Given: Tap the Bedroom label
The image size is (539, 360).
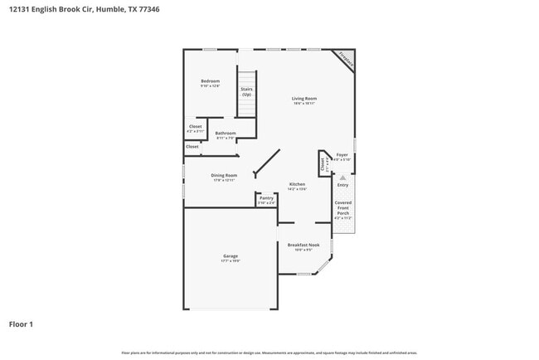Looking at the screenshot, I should tap(210, 81).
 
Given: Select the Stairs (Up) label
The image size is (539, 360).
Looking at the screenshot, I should tap(246, 91).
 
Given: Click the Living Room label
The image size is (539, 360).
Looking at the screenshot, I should tap(304, 99).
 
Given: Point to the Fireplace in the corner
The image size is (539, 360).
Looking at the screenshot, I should tap(346, 60).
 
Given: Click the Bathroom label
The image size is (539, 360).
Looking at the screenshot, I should tap(226, 134).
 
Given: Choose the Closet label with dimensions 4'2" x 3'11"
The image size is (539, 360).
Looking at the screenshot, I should tap(195, 127).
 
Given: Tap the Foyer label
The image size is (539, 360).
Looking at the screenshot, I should tap(342, 155).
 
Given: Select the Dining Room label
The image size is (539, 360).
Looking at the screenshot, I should tap(224, 175).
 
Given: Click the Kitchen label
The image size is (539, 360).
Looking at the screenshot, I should tap(297, 184).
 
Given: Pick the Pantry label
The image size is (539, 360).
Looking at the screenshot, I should tap(266, 198).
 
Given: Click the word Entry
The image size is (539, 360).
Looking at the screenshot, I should tap(342, 185).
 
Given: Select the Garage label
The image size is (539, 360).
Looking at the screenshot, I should tap(231, 256).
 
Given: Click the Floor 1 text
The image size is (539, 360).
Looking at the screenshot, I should tap(22, 324).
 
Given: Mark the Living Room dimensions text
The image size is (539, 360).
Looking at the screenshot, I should tap(304, 104).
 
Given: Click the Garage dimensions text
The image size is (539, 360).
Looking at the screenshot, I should tap(231, 261).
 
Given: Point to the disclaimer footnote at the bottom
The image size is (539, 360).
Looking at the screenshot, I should tap(269, 353).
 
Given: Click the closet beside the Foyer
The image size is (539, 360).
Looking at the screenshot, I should tap(322, 162).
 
